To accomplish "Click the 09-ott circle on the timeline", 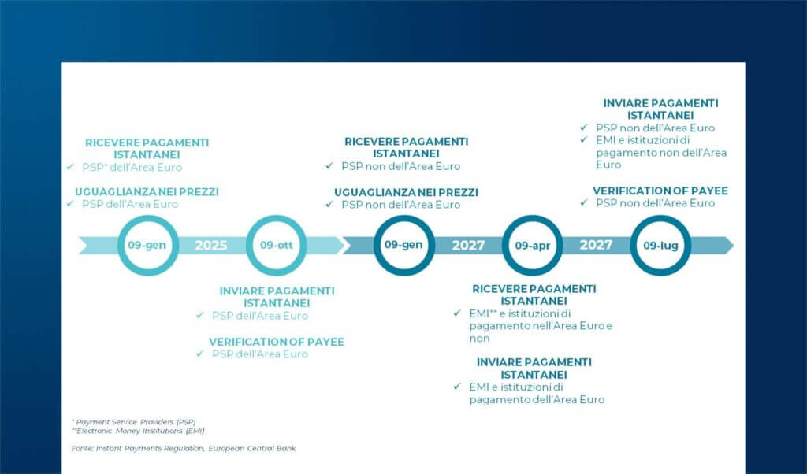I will click(x=276, y=245).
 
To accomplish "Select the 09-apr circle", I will click(x=532, y=245).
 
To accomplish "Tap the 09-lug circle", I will click(x=660, y=245).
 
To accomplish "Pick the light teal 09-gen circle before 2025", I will click(x=147, y=245).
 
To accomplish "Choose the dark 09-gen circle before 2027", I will click(x=403, y=245).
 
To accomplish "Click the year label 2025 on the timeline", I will click(x=211, y=245).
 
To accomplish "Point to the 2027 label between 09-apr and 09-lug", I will click(x=596, y=245).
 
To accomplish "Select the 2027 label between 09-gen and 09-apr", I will click(x=468, y=245).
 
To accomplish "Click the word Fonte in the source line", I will click(x=82, y=448).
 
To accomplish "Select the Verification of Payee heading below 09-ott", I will click(x=277, y=342).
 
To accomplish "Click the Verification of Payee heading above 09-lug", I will click(x=660, y=191).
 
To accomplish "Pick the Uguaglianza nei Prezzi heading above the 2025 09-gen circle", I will click(x=147, y=191).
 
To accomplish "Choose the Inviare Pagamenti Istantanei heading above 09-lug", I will click(x=660, y=109).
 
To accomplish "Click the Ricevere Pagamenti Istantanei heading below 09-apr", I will click(x=534, y=294).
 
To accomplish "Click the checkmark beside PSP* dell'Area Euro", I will click(x=69, y=168).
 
